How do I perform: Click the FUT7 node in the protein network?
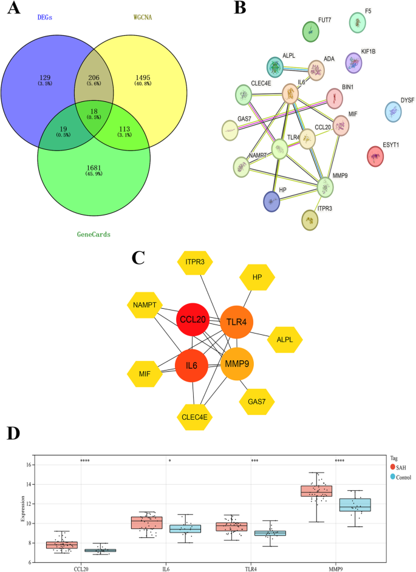pos(311,32)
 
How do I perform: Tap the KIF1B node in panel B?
pos(353,62)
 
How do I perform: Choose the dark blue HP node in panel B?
pos(271,201)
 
